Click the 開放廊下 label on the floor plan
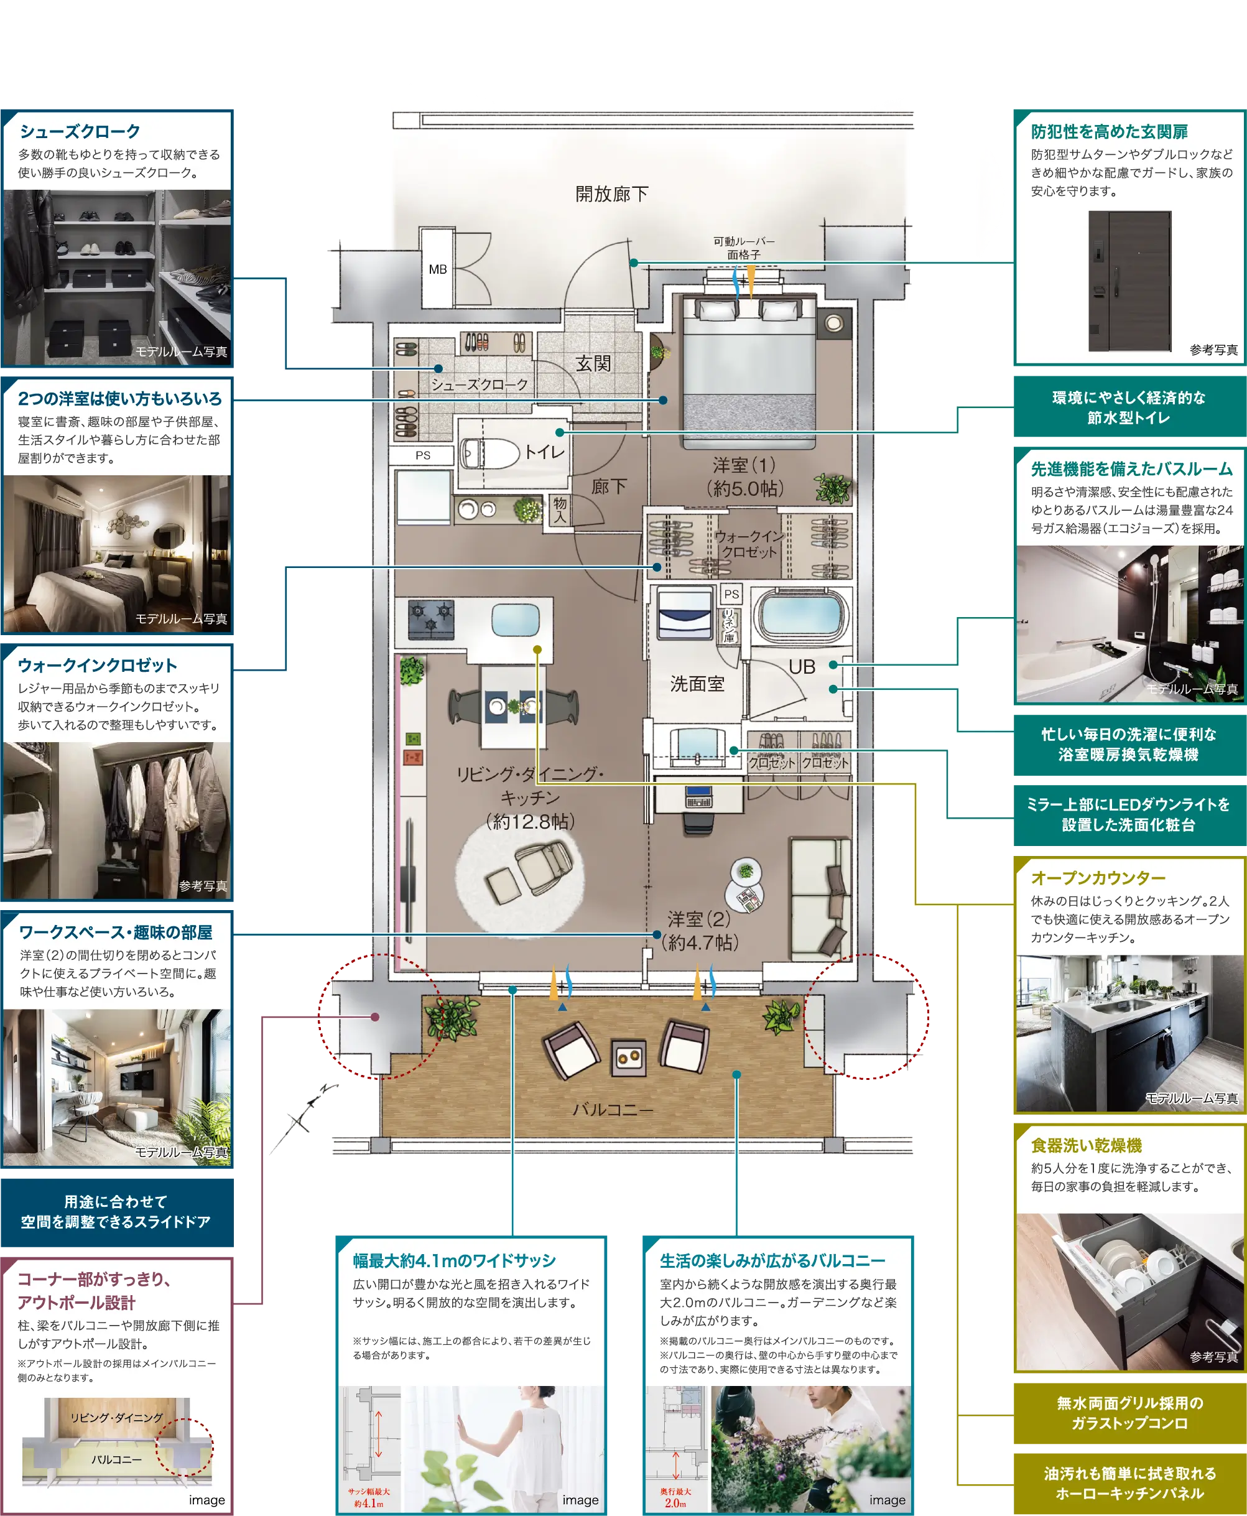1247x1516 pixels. click(611, 194)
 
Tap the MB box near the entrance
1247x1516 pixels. click(437, 269)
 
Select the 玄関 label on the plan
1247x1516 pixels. click(593, 363)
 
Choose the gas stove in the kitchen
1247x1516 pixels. click(431, 618)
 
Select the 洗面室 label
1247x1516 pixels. click(697, 684)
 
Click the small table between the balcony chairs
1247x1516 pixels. click(629, 1058)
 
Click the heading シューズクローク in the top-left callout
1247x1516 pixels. click(80, 131)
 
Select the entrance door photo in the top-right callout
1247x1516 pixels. click(1129, 281)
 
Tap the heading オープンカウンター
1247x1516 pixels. click(1098, 878)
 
